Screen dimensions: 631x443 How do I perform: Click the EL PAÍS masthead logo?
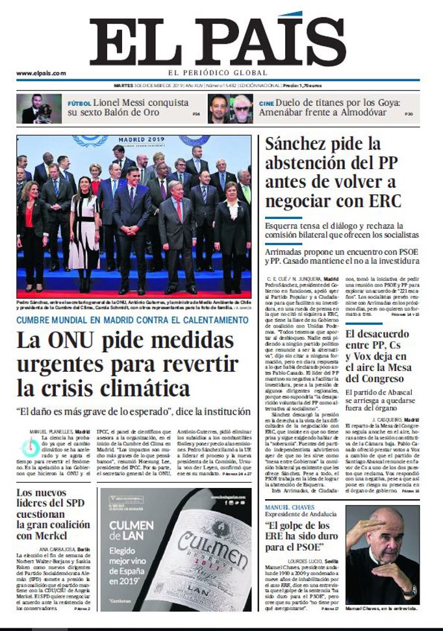tap(218, 40)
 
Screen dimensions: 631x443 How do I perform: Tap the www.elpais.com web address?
tap(41, 73)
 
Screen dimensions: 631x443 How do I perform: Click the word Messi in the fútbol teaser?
tap(129, 103)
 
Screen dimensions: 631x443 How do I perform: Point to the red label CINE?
tap(266, 103)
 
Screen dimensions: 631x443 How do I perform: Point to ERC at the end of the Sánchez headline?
tap(384, 200)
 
